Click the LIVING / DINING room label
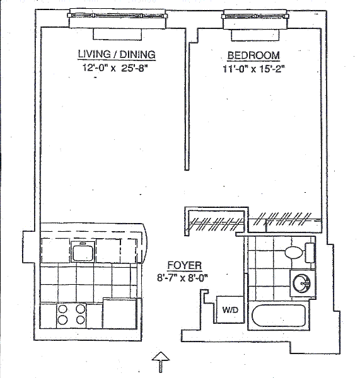pos(117,54)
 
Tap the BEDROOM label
pos(253,55)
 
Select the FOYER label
pos(185,265)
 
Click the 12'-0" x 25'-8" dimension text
pos(115,68)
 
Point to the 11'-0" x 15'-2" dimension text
pos(253,69)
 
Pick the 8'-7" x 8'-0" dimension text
pos(182,278)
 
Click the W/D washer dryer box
pos(230,309)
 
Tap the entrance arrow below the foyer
pos(161,362)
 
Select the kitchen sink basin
pos(83,252)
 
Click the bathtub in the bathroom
pos(279,316)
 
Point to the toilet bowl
pos(294,253)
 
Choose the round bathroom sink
pos(301,283)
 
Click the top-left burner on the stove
pos(63,309)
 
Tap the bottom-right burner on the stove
pos(81,320)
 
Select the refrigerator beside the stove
pos(120,314)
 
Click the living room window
pos(117,16)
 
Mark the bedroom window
pos(255,16)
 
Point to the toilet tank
pos(310,253)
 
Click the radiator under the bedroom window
pos(255,35)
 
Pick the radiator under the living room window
pos(117,34)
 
